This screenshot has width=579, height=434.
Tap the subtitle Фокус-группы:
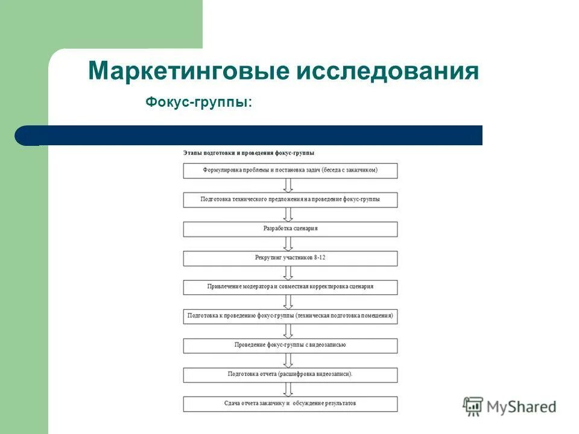click(x=199, y=103)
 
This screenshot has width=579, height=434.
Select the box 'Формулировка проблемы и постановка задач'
click(x=290, y=171)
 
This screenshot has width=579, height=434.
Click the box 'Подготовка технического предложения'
click(x=290, y=200)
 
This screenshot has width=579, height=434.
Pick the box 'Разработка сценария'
click(x=290, y=229)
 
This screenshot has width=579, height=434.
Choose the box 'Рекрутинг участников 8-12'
click(x=290, y=258)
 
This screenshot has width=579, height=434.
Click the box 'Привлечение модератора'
click(x=290, y=287)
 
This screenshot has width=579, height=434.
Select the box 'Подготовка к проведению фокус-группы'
click(x=290, y=316)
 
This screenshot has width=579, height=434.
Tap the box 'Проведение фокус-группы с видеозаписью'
click(x=290, y=345)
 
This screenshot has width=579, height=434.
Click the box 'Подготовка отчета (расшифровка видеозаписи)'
click(x=290, y=374)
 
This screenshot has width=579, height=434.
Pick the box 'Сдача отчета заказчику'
click(x=290, y=403)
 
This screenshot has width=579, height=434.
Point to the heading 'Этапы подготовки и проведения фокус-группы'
click(x=248, y=153)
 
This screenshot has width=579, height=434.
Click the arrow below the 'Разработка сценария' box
click(x=288, y=244)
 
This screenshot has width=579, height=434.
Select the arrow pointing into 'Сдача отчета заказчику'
click(x=288, y=389)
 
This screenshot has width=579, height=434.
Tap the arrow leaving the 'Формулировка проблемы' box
click(x=288, y=185)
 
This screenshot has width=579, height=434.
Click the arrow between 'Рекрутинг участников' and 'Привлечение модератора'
click(x=288, y=272)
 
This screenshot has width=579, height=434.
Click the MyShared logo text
click(x=522, y=407)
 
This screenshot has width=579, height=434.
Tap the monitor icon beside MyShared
click(x=473, y=407)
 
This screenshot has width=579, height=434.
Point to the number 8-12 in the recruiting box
click(x=320, y=258)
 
